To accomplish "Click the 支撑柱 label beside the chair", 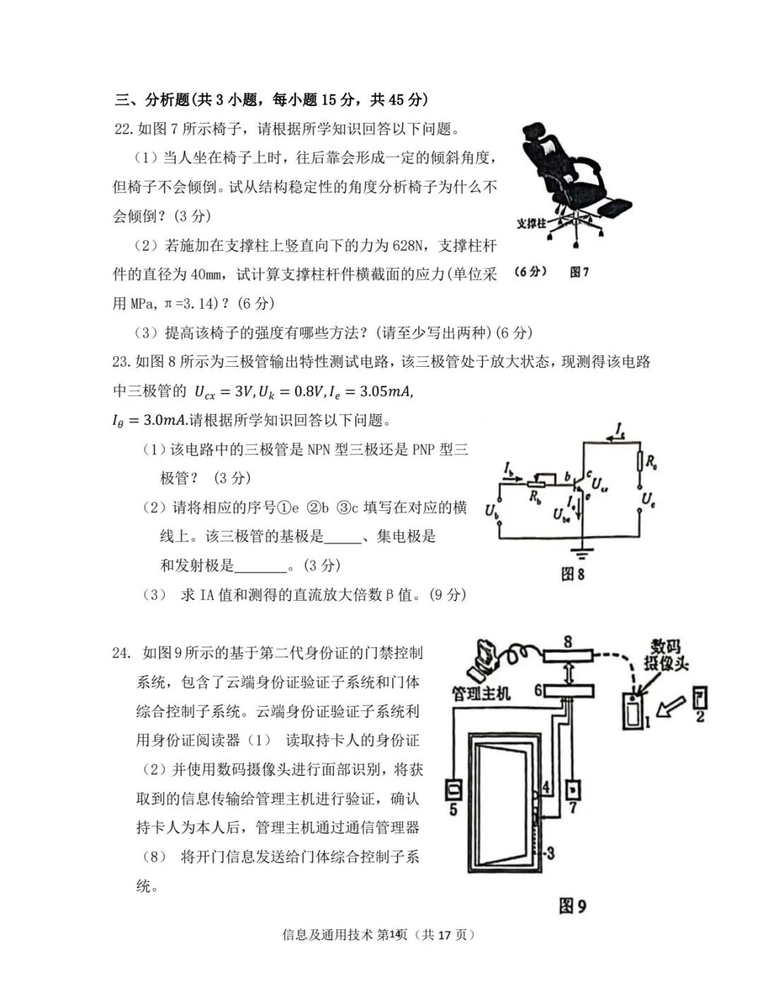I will tap(531, 223).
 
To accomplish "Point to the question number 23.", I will tap(121, 362).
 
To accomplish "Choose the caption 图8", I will tap(572, 574).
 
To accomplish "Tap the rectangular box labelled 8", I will tap(567, 657).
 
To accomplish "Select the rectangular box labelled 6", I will tap(568, 690).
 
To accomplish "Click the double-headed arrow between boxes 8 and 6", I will tap(567, 674).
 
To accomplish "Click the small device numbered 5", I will tap(453, 787).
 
